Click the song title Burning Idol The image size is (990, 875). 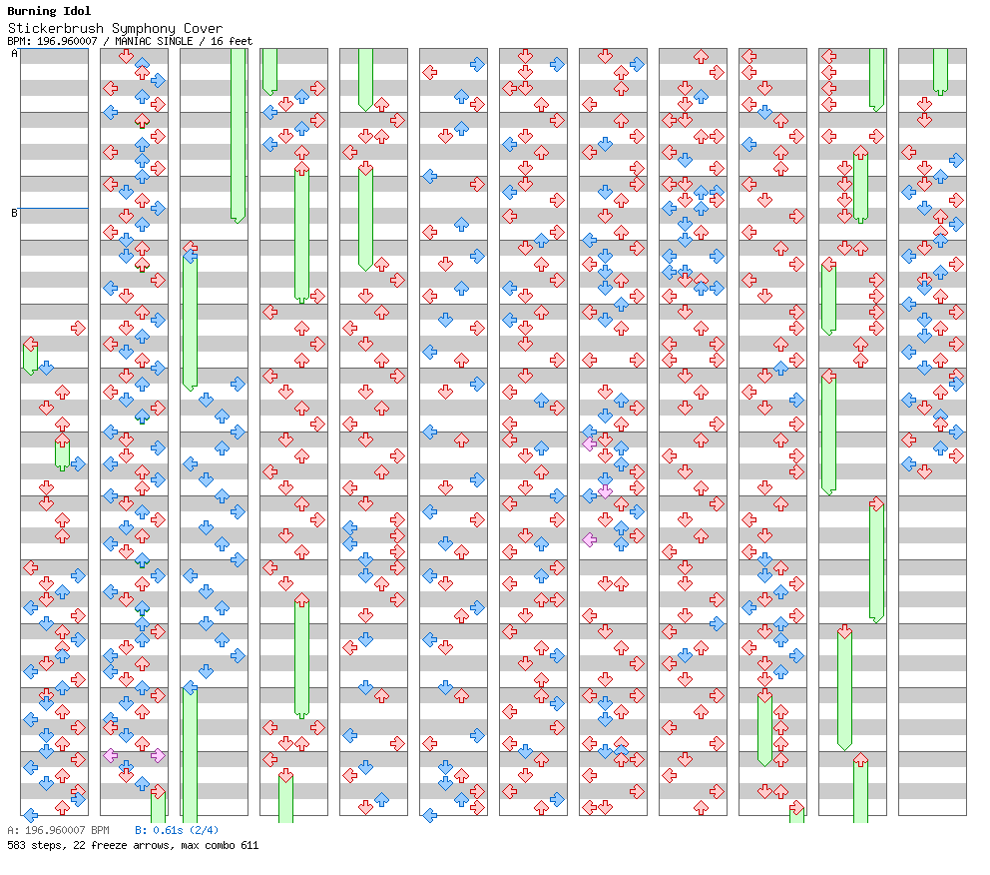49,11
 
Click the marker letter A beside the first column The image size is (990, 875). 14,54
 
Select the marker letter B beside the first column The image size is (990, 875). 14,213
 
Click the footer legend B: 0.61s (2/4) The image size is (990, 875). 177,830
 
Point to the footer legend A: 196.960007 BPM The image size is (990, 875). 58,830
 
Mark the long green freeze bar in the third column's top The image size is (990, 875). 238,134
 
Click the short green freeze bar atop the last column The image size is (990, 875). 940,70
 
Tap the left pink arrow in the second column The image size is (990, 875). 110,755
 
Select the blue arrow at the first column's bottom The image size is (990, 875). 30,815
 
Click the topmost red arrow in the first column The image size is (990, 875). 78,328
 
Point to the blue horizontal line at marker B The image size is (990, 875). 54,209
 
